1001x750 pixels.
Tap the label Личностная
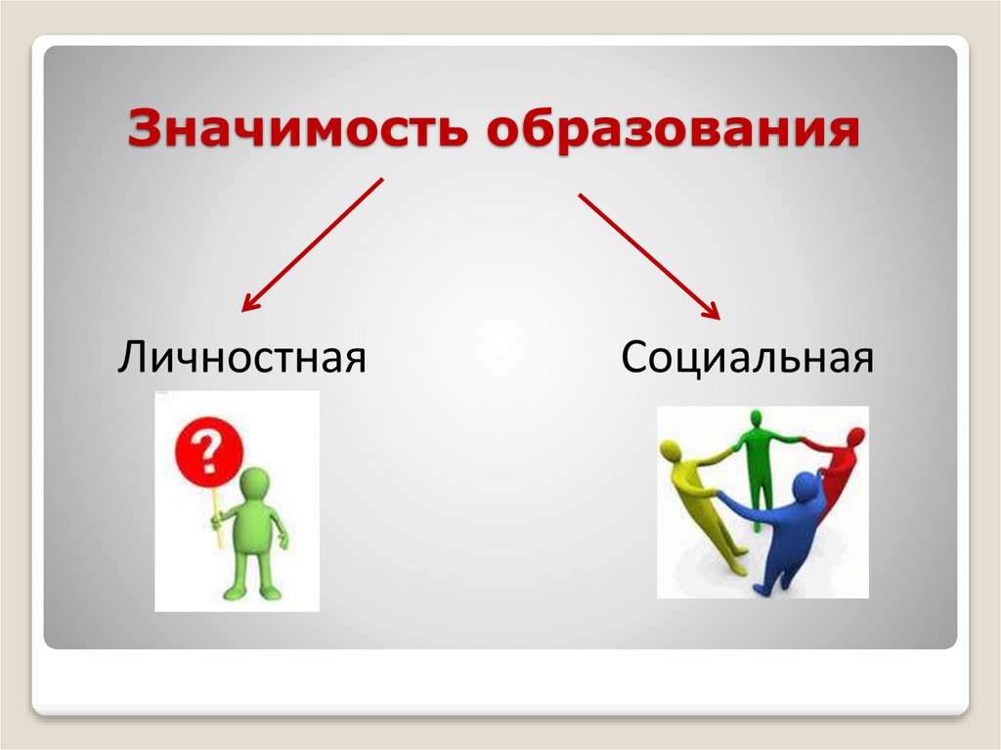click(241, 357)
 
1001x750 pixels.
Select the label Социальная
click(746, 357)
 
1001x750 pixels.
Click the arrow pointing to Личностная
click(312, 244)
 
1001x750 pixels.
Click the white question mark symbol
click(204, 453)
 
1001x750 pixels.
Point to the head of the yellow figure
click(672, 453)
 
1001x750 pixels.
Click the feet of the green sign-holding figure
click(251, 592)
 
